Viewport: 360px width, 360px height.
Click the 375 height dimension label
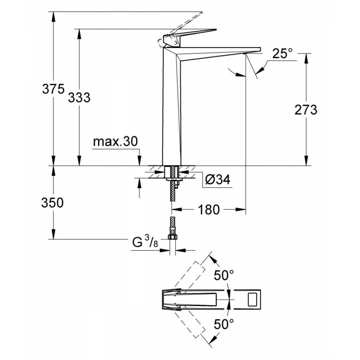(53, 89)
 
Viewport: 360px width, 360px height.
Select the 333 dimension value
(79, 97)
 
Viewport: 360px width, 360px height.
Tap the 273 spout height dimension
(306, 109)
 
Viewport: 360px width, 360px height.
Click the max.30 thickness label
(115, 142)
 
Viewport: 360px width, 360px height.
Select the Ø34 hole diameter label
(218, 180)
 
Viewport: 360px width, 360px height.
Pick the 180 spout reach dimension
(209, 209)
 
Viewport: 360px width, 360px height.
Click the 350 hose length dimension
(52, 203)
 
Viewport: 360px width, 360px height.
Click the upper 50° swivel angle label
(223, 276)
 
